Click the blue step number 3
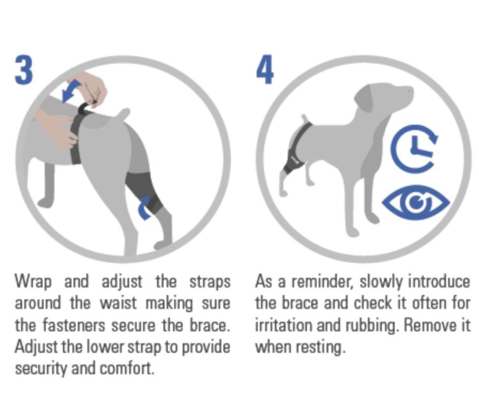(24, 69)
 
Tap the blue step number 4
(265, 69)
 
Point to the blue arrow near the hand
(70, 91)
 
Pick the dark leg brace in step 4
(292, 164)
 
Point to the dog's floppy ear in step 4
(365, 101)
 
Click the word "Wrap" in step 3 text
(33, 282)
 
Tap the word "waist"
(118, 303)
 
